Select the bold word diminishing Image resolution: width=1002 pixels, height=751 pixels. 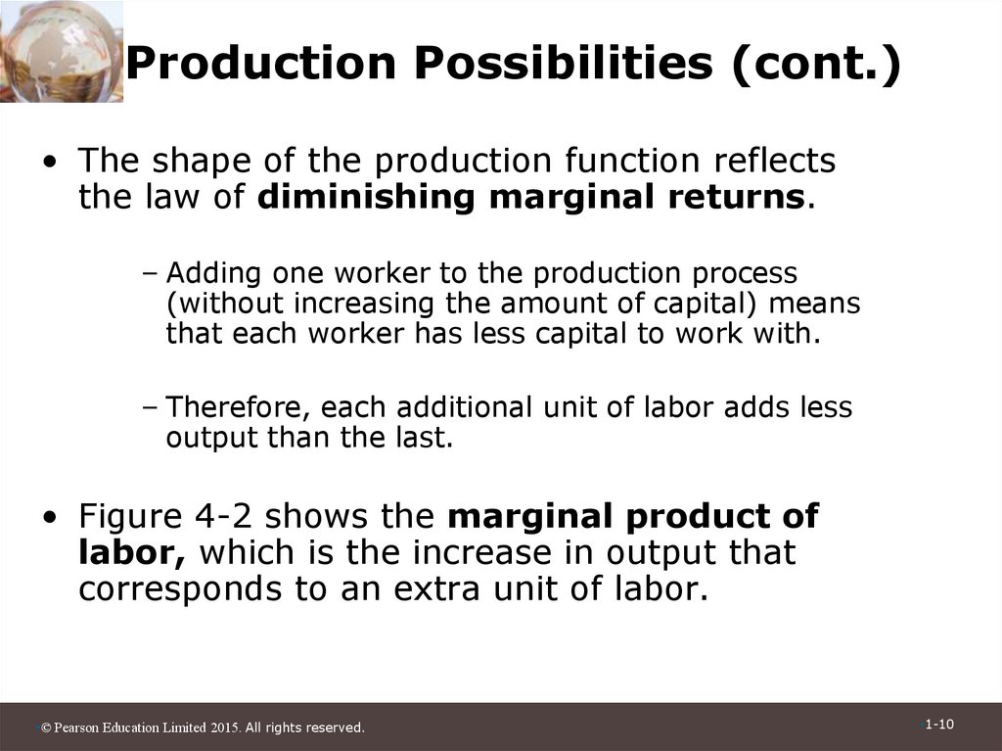(368, 197)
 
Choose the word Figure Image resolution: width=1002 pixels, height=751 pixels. (131, 516)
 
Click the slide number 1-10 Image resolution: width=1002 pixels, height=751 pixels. (939, 725)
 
